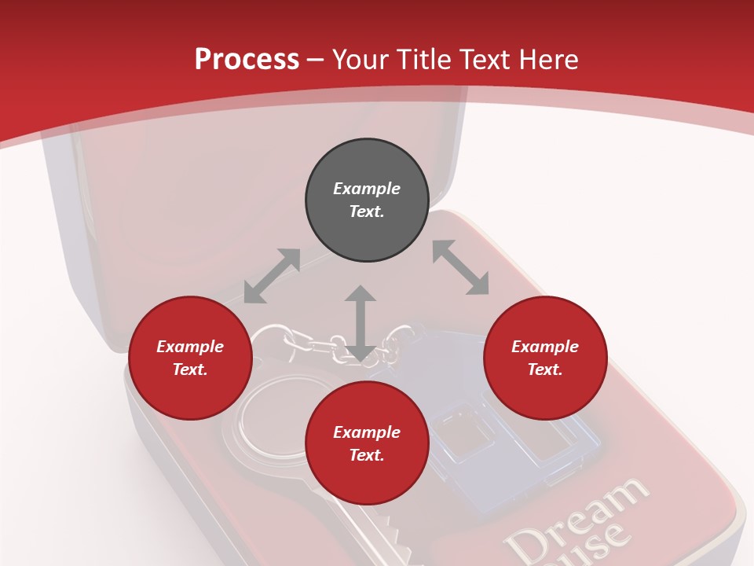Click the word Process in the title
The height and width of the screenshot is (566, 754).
pyautogui.click(x=247, y=60)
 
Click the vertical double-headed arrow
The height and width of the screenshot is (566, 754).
pyautogui.click(x=361, y=323)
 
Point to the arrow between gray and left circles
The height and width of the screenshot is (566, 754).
pyautogui.click(x=272, y=276)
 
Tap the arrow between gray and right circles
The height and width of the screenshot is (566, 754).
pyautogui.click(x=460, y=268)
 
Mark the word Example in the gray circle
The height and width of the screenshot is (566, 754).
pyautogui.click(x=367, y=189)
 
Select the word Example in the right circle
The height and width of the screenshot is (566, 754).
pyautogui.click(x=545, y=347)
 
